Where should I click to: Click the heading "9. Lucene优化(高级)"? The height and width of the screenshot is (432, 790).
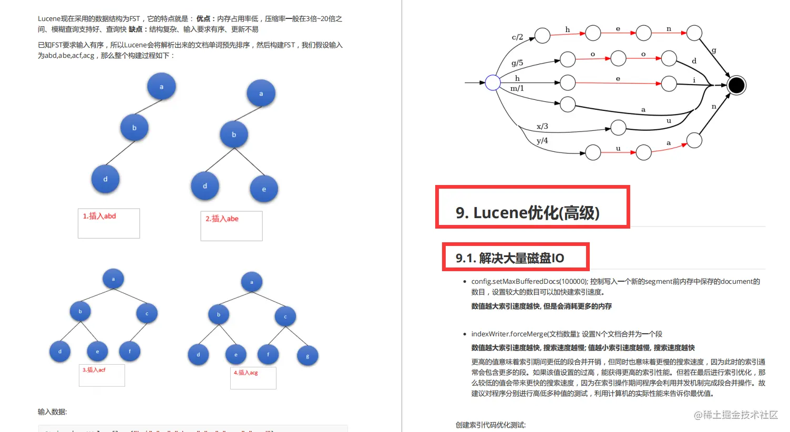click(527, 213)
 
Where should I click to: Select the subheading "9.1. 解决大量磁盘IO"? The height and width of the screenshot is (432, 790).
click(510, 258)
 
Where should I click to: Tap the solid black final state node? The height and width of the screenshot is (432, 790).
click(736, 85)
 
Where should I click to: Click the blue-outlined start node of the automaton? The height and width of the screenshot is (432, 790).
click(493, 83)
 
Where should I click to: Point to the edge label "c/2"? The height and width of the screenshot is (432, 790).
click(517, 37)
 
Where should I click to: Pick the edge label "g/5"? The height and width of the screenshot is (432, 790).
click(517, 63)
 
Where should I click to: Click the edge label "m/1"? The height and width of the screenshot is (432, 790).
click(517, 88)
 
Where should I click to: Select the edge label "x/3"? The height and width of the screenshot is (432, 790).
click(542, 126)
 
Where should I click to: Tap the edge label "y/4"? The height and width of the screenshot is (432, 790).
click(542, 140)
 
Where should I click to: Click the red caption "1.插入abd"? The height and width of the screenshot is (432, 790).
click(99, 216)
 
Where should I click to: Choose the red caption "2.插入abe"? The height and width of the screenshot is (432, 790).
click(222, 219)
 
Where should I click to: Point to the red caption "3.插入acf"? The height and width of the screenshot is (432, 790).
click(94, 370)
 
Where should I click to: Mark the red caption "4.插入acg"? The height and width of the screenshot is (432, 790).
click(245, 373)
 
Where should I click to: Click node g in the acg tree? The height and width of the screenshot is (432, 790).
click(307, 356)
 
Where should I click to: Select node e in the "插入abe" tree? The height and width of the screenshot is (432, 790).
click(264, 189)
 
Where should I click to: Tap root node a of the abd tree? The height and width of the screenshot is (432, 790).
click(161, 87)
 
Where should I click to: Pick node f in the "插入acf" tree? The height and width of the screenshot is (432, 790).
click(130, 351)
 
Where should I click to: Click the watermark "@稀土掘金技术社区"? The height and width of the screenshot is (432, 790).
click(735, 415)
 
